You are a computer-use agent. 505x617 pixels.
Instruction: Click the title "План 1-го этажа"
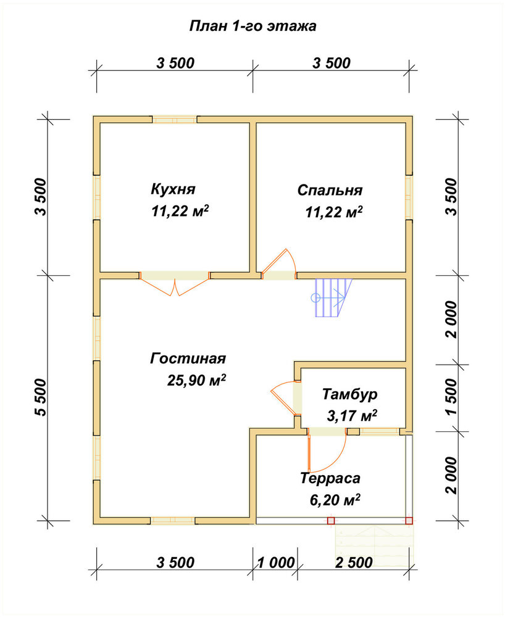(252, 26)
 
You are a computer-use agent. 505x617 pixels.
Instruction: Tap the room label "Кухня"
(173, 189)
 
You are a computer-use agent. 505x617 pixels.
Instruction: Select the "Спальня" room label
(330, 191)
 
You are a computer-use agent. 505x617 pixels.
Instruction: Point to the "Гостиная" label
(188, 358)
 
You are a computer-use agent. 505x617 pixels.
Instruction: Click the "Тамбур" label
(350, 394)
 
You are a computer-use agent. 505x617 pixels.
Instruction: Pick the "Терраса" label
(330, 478)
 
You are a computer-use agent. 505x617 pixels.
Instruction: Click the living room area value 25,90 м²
(196, 380)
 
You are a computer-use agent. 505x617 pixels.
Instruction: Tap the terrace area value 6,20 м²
(335, 500)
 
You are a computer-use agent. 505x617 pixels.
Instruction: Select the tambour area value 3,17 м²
(352, 416)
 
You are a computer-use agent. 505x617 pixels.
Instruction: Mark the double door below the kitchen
(175, 284)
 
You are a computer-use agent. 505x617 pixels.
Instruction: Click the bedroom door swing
(278, 263)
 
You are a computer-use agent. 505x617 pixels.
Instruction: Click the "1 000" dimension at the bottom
(277, 563)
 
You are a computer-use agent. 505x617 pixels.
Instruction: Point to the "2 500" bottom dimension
(354, 563)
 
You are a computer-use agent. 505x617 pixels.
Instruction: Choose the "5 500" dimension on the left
(41, 397)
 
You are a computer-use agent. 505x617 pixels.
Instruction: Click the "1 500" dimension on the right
(451, 397)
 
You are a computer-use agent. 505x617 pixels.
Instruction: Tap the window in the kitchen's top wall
(175, 120)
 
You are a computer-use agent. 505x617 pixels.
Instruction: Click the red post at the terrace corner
(409, 521)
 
